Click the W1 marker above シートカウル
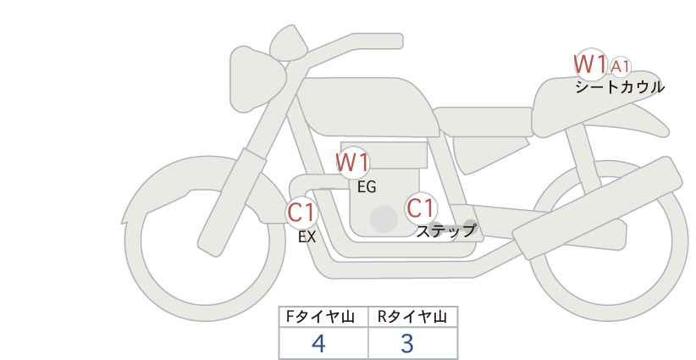(x=590, y=64)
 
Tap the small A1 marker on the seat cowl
(x=621, y=65)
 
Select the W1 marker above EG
(x=353, y=161)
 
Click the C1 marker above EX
(x=301, y=212)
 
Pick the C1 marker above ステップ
(x=420, y=208)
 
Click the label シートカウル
(x=619, y=87)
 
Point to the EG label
(x=367, y=187)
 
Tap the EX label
(x=307, y=237)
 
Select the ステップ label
(x=445, y=230)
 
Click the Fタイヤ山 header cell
(x=324, y=317)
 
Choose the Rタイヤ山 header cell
(x=412, y=317)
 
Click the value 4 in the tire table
(x=318, y=344)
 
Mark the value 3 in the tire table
(x=407, y=344)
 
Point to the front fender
(x=169, y=182)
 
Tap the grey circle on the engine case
(x=384, y=219)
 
